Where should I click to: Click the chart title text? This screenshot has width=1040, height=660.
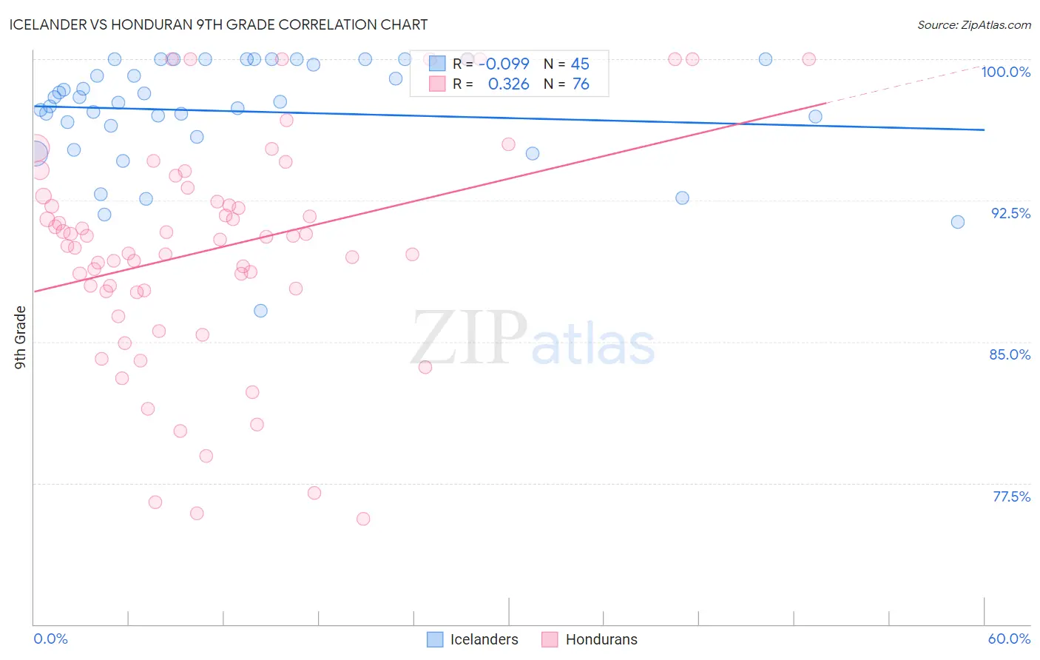pos(218,24)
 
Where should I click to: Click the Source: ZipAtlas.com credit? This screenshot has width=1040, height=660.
pos(973,24)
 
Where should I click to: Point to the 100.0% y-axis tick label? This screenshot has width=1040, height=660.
pos(1005,72)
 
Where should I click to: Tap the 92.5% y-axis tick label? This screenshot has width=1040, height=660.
pos(1010,213)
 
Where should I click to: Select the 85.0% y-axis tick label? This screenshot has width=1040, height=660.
pos(1010,354)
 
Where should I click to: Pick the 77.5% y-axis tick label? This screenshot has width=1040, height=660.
pos(1011,496)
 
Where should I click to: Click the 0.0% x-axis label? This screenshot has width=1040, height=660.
pos(50,639)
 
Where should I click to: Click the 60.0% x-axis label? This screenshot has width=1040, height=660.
pos(1009,639)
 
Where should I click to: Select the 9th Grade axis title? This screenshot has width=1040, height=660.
pos(21,337)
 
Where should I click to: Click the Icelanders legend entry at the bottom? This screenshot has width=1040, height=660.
pos(473,639)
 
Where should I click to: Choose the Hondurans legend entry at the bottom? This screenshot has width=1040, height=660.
pos(590,639)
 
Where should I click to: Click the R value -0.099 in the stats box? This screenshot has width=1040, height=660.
pos(504,64)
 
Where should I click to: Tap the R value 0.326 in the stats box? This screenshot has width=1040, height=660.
pos(508,84)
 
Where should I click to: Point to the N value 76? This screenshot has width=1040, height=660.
pos(581,84)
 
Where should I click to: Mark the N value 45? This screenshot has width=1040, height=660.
pos(580,64)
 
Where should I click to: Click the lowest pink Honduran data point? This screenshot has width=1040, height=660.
pos(363,519)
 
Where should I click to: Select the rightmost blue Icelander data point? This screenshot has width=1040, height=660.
pos(958,222)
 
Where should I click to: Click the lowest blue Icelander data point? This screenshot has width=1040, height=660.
pos(260,311)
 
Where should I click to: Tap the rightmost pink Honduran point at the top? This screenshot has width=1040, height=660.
pos(809,59)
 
